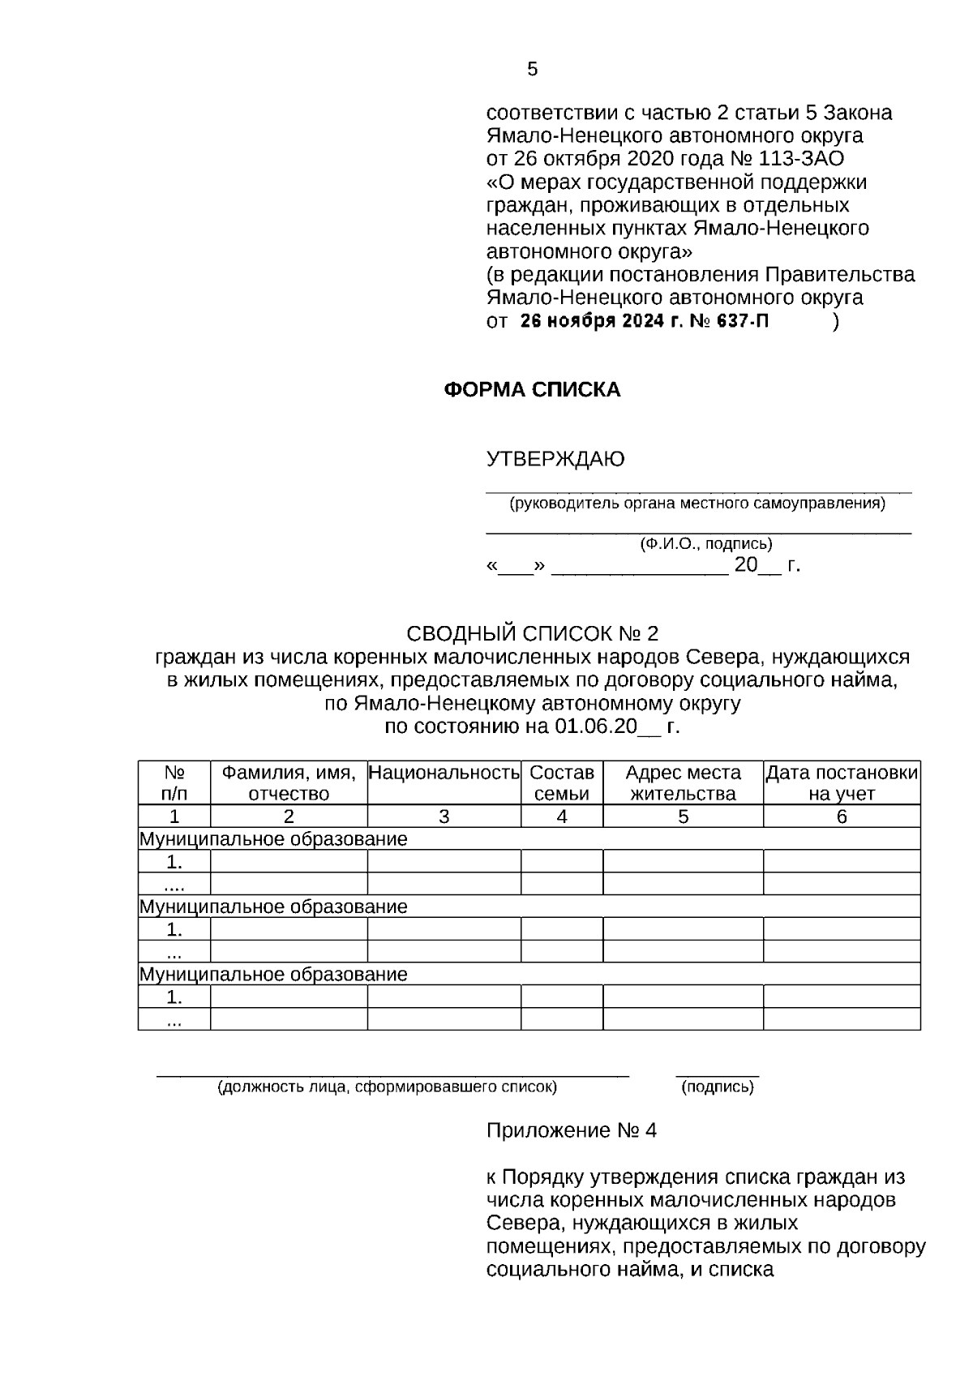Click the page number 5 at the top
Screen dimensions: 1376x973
(532, 70)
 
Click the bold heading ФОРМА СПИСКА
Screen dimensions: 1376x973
(532, 390)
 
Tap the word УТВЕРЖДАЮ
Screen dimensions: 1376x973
(555, 460)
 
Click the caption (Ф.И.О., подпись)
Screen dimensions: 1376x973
(705, 544)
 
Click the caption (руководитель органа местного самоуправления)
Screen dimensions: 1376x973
(697, 504)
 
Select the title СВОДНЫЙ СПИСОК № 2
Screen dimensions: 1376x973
(532, 633)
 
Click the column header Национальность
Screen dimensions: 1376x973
(444, 773)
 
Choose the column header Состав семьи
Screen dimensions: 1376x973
(562, 783)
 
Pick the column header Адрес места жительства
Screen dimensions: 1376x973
(683, 783)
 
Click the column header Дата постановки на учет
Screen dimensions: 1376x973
(842, 783)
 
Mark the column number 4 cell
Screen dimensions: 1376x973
(562, 817)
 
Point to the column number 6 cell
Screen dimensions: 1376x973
(842, 817)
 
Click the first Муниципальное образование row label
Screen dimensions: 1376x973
(273, 839)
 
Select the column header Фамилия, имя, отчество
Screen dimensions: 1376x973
(289, 783)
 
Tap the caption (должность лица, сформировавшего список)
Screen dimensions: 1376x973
(387, 1087)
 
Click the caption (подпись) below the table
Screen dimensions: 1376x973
(718, 1087)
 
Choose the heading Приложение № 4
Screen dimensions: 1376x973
(571, 1130)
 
